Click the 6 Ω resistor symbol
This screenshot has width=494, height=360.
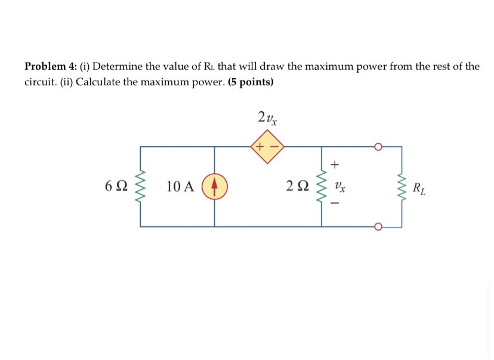coord(141,186)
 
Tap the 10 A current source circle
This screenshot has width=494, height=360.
coord(214,186)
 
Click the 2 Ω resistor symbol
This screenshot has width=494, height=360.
coord(322,186)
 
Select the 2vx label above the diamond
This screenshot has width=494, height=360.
coord(267,118)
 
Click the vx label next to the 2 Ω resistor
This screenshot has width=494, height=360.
coord(339,187)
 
